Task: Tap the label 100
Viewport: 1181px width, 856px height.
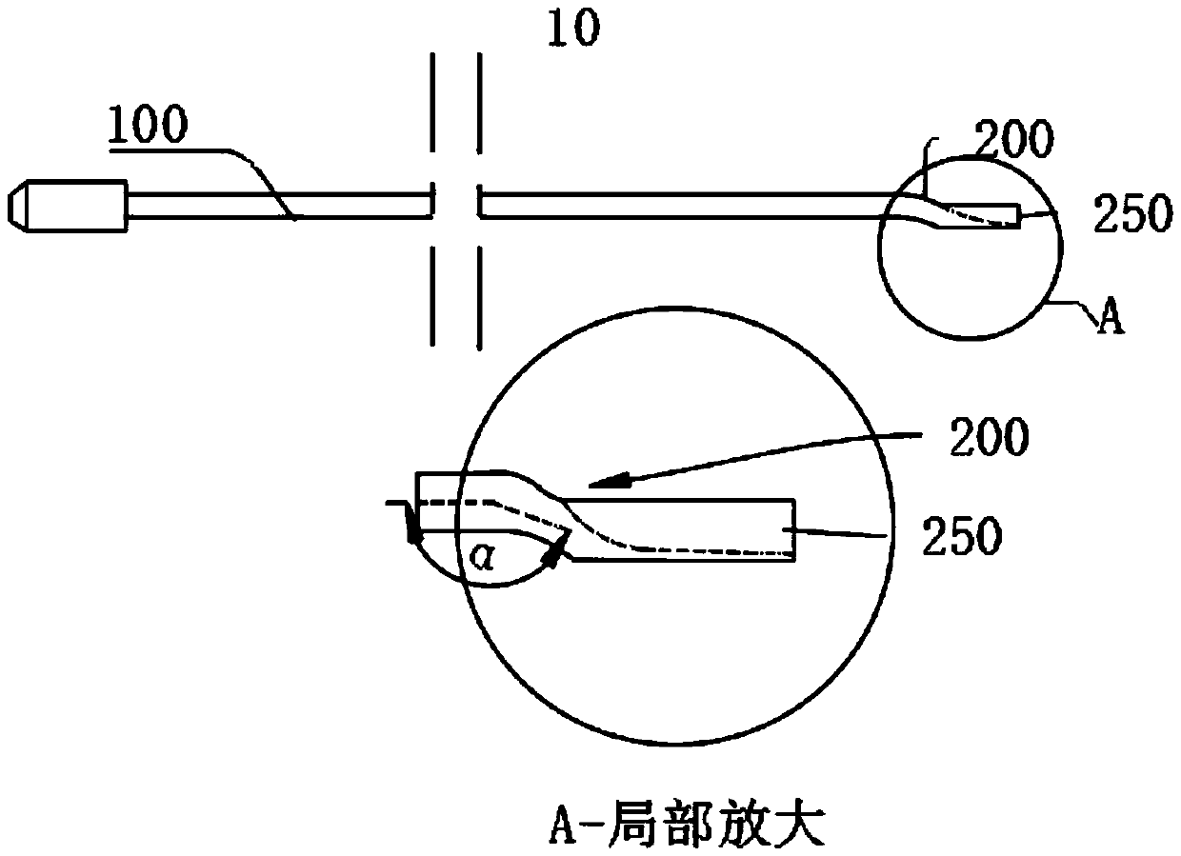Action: (150, 127)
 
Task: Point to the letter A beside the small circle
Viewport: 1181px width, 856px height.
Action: (1111, 319)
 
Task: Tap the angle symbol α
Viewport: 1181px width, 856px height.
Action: (485, 557)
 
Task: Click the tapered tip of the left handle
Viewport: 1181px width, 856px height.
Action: (20, 205)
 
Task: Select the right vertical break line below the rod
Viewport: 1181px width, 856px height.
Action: (479, 297)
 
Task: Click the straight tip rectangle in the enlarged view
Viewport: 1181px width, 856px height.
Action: (686, 530)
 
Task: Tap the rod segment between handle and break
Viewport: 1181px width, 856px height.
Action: (276, 206)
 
